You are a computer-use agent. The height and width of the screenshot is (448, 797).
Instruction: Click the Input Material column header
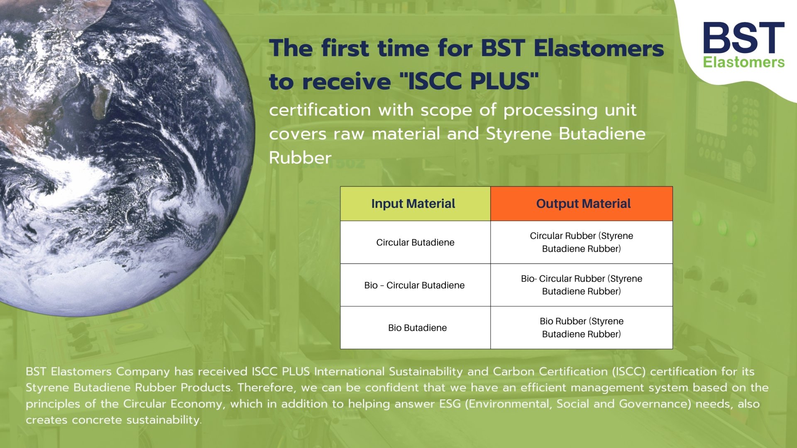[413, 204]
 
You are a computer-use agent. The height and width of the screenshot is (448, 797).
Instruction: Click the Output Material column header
[583, 204]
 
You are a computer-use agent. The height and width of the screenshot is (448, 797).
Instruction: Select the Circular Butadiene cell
[415, 243]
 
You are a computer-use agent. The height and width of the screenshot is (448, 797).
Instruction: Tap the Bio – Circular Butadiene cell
[414, 285]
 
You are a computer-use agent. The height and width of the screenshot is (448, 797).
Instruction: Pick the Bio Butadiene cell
[417, 328]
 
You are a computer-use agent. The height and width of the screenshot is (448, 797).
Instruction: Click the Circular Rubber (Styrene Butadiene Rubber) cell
[581, 242]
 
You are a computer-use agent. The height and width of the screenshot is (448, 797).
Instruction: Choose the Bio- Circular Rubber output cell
[581, 285]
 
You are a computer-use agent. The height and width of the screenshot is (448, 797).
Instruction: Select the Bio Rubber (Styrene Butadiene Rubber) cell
[581, 328]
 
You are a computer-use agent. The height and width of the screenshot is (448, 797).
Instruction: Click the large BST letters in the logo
[743, 38]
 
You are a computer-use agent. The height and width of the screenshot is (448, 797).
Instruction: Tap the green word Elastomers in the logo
[743, 63]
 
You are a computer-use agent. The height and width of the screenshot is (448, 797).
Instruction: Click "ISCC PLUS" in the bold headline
[469, 80]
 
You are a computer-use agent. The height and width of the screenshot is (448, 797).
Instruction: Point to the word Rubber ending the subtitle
[300, 158]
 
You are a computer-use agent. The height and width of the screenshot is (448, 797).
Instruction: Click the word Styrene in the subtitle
[519, 134]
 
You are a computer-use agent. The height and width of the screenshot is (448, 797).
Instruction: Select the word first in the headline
[345, 48]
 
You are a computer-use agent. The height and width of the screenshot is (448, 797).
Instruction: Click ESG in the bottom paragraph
[450, 404]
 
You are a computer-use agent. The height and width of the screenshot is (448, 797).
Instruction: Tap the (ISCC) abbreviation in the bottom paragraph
[628, 372]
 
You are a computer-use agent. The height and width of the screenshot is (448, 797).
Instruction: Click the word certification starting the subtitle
[320, 110]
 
